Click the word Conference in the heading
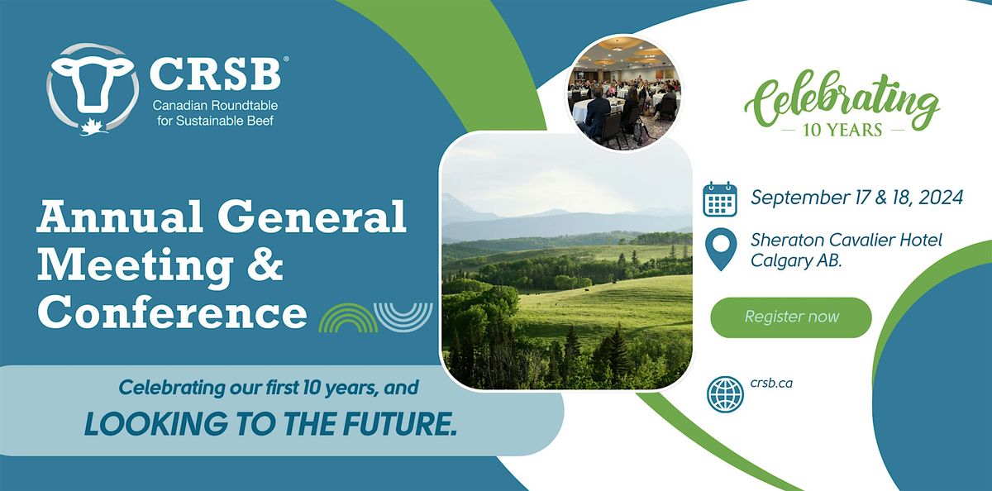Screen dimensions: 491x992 172,313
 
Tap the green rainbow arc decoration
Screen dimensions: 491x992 348,318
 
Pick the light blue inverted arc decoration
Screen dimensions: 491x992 403,315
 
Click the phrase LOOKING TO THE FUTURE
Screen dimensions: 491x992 271,423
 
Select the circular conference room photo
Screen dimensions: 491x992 624,91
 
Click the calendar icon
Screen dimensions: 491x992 719,199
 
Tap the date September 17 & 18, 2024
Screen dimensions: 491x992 856,198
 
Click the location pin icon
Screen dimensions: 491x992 721,250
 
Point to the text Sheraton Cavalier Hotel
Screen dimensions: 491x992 847,241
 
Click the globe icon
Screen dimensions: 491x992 724,393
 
